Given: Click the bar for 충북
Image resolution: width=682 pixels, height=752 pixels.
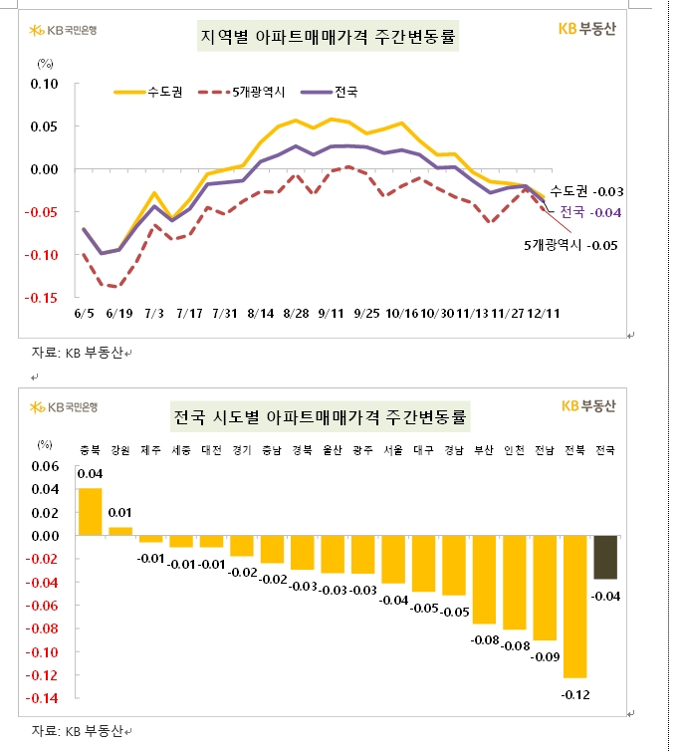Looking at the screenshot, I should [x=90, y=512].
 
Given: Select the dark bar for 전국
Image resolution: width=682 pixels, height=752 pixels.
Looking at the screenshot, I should [x=605, y=557].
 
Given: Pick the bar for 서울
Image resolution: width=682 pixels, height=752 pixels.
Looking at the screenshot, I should [x=392, y=559].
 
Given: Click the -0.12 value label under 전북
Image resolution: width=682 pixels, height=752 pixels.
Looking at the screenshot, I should [x=573, y=694].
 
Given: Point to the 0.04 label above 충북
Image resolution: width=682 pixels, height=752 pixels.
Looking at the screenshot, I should [x=90, y=475].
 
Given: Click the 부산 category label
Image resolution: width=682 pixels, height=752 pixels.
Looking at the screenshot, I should [x=484, y=449].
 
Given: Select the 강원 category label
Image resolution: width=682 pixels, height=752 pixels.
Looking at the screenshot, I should [x=120, y=449].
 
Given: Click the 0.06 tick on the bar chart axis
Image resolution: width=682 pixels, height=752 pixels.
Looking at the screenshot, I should [x=47, y=466].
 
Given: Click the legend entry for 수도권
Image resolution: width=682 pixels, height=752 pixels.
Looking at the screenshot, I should [x=144, y=92].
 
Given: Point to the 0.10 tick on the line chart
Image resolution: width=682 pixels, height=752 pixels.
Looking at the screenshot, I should [x=46, y=84].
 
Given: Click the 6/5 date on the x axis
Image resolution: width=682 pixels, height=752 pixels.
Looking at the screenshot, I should [x=84, y=313].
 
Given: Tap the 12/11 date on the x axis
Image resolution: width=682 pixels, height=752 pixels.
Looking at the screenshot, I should [x=544, y=313].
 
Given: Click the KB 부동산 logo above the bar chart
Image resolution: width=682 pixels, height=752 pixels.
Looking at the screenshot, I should [x=589, y=405].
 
